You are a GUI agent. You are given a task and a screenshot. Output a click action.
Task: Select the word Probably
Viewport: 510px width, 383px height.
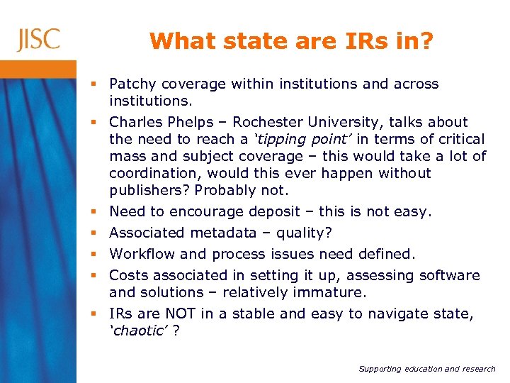tap(226, 191)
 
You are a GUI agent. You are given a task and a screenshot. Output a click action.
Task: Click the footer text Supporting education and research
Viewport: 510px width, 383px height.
tap(426, 370)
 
